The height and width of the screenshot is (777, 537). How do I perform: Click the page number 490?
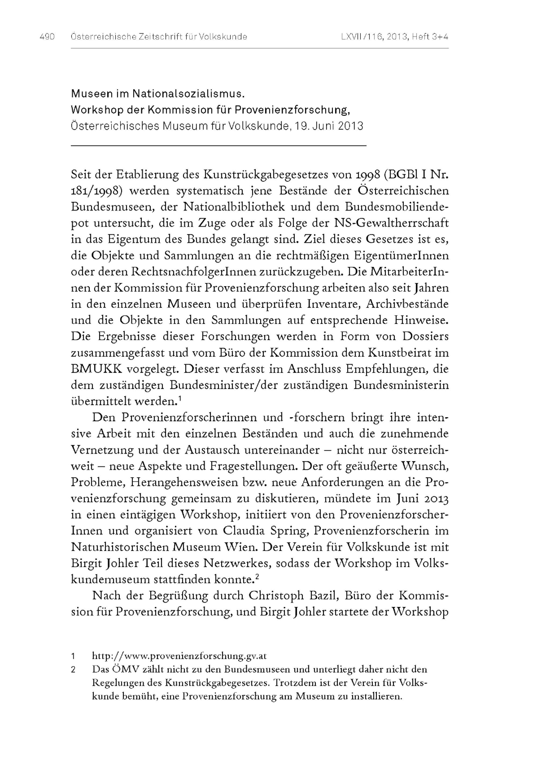coord(47,37)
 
